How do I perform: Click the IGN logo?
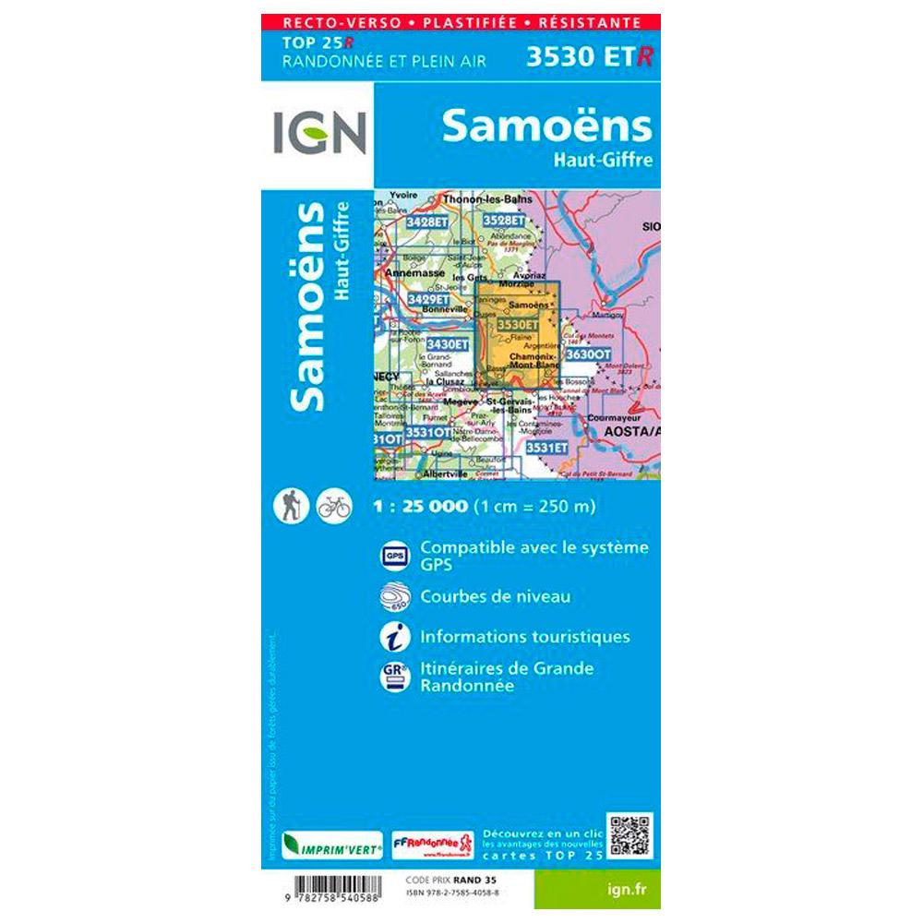[319, 133]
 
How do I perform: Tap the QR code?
[630, 835]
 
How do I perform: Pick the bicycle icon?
[333, 506]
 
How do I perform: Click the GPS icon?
[395, 557]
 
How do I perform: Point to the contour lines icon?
[395, 597]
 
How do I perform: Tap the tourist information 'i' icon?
[395, 637]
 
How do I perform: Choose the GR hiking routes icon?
[395, 677]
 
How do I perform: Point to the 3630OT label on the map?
[587, 354]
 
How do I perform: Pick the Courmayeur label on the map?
[622, 416]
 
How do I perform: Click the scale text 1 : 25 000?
[422, 507]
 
